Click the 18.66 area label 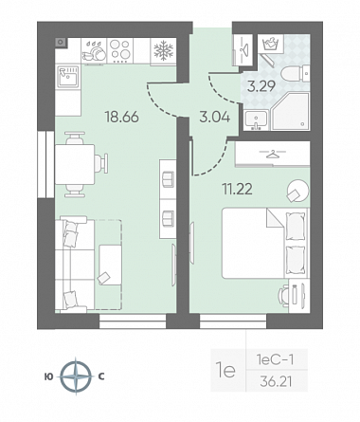click(x=122, y=117)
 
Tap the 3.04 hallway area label click(x=214, y=118)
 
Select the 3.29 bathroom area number click(x=261, y=86)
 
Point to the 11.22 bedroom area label click(x=238, y=190)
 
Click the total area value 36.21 click(x=276, y=382)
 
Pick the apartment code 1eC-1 click(x=276, y=359)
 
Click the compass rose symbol click(x=76, y=376)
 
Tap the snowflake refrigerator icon click(x=163, y=51)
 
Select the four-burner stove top click(x=120, y=50)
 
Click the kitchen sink click(x=67, y=76)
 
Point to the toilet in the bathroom click(x=295, y=74)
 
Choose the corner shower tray click(x=290, y=111)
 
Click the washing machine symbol click(x=271, y=44)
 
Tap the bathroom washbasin click(x=256, y=119)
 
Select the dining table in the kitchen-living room click(x=75, y=164)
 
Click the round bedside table click(x=297, y=191)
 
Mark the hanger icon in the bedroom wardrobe click(x=272, y=154)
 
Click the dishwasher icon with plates click(x=94, y=50)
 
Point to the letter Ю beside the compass click(x=49, y=376)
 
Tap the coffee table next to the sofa click(x=110, y=265)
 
